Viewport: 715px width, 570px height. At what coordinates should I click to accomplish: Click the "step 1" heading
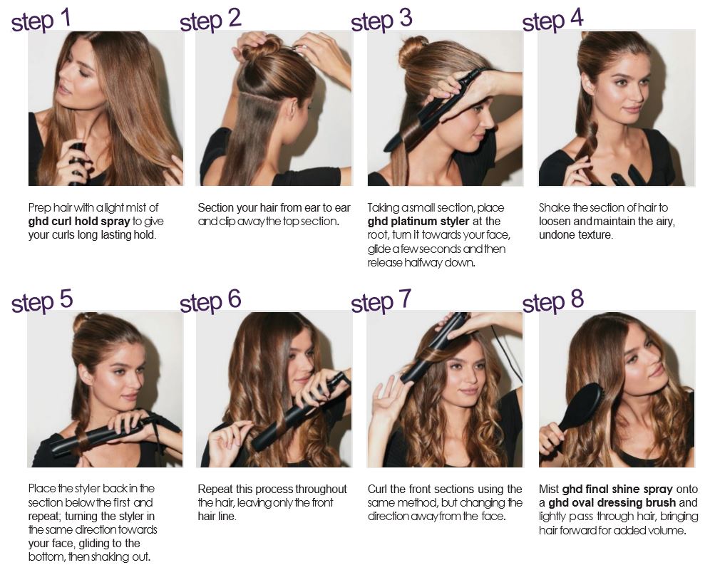[x=41, y=21]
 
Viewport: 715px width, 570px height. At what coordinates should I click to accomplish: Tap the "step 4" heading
[x=552, y=21]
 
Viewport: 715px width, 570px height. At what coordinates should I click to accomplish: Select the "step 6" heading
[x=210, y=301]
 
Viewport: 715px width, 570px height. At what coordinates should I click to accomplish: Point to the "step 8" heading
[x=553, y=301]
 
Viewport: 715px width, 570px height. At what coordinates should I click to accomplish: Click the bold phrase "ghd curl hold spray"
[x=79, y=222]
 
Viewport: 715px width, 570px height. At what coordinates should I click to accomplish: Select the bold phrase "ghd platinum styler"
[x=418, y=222]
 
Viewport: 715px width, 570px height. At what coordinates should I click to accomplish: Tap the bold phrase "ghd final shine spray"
[x=617, y=489]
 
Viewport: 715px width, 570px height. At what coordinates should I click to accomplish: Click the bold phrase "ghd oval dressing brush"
[x=612, y=503]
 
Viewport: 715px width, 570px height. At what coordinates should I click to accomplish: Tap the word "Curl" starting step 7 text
[x=377, y=489]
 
